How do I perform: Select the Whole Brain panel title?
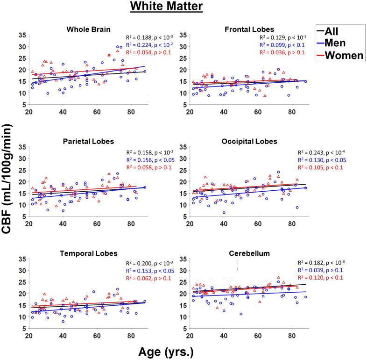tap(89, 30)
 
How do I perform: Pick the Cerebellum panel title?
tap(249, 253)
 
